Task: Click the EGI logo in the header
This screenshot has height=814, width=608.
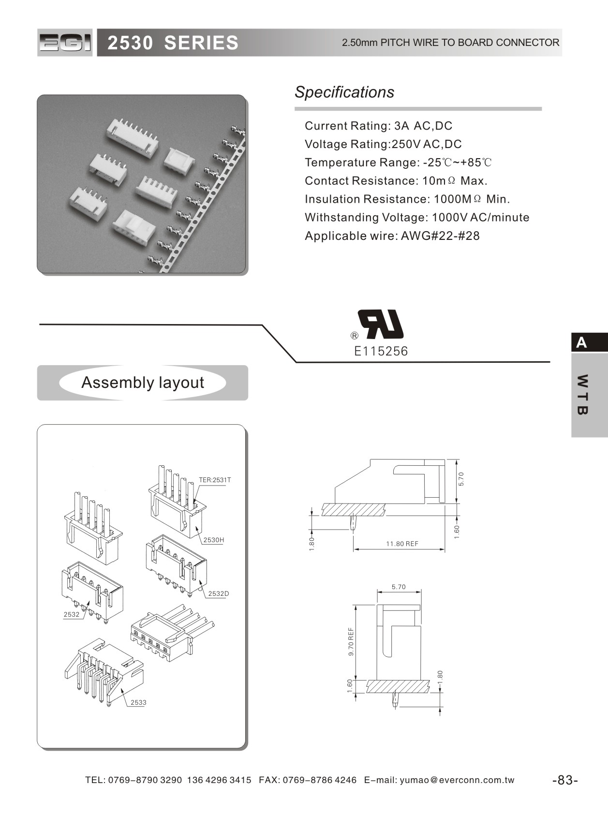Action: pos(65,43)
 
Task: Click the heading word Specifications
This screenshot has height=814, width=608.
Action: pos(344,92)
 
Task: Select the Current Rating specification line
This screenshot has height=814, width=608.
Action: pos(378,126)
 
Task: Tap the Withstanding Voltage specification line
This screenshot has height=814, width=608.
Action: pos(416,217)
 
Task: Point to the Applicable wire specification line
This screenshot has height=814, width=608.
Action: pos(392,236)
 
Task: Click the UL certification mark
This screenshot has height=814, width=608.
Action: pos(380,324)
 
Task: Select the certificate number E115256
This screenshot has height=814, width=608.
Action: pos(381,351)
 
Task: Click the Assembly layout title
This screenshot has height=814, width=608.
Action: pos(143,383)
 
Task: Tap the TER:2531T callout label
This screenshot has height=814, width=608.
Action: pos(215,480)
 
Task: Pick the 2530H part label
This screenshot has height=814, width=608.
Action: pos(213,540)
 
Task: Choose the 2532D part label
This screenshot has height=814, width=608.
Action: pos(218,593)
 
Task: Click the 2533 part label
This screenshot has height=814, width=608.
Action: pos(138,702)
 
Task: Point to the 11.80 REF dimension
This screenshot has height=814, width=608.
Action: pos(402,544)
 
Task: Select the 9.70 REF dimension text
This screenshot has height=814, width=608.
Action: pos(351,641)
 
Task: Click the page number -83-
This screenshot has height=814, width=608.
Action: pos(565,780)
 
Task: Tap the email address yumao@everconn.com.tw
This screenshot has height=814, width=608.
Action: pos(457,780)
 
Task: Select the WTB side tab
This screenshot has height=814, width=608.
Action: pos(583,395)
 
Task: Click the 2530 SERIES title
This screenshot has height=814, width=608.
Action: pos(173,43)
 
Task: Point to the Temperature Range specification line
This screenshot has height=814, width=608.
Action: pos(398,163)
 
